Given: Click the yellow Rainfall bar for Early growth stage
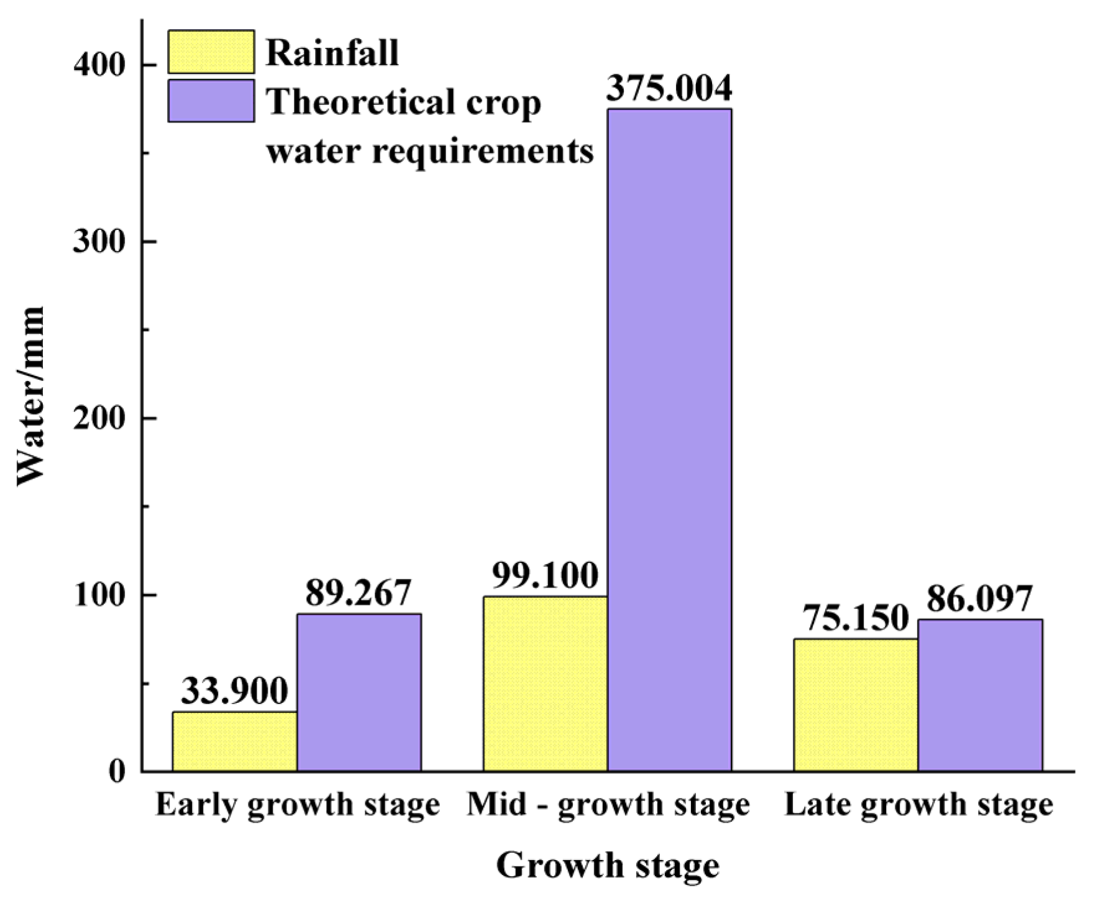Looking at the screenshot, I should click(x=234, y=741).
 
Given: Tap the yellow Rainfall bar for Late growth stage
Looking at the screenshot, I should click(x=856, y=705).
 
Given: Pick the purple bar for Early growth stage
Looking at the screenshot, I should click(x=359, y=692).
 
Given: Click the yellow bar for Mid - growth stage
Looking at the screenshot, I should click(x=545, y=684).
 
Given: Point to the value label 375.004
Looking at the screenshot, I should click(x=669, y=89).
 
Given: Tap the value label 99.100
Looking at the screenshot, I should click(x=545, y=576).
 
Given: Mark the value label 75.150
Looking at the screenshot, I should click(x=856, y=619).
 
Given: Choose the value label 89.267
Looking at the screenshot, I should click(x=359, y=593).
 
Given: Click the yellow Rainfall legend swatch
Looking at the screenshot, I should click(x=211, y=52).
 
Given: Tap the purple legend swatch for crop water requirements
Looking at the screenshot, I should click(x=211, y=101).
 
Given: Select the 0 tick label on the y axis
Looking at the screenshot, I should click(x=117, y=772).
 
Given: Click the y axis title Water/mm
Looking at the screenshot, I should click(x=31, y=396).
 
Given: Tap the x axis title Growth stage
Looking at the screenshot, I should click(x=607, y=866).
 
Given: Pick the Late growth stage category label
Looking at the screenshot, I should click(x=918, y=805).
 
